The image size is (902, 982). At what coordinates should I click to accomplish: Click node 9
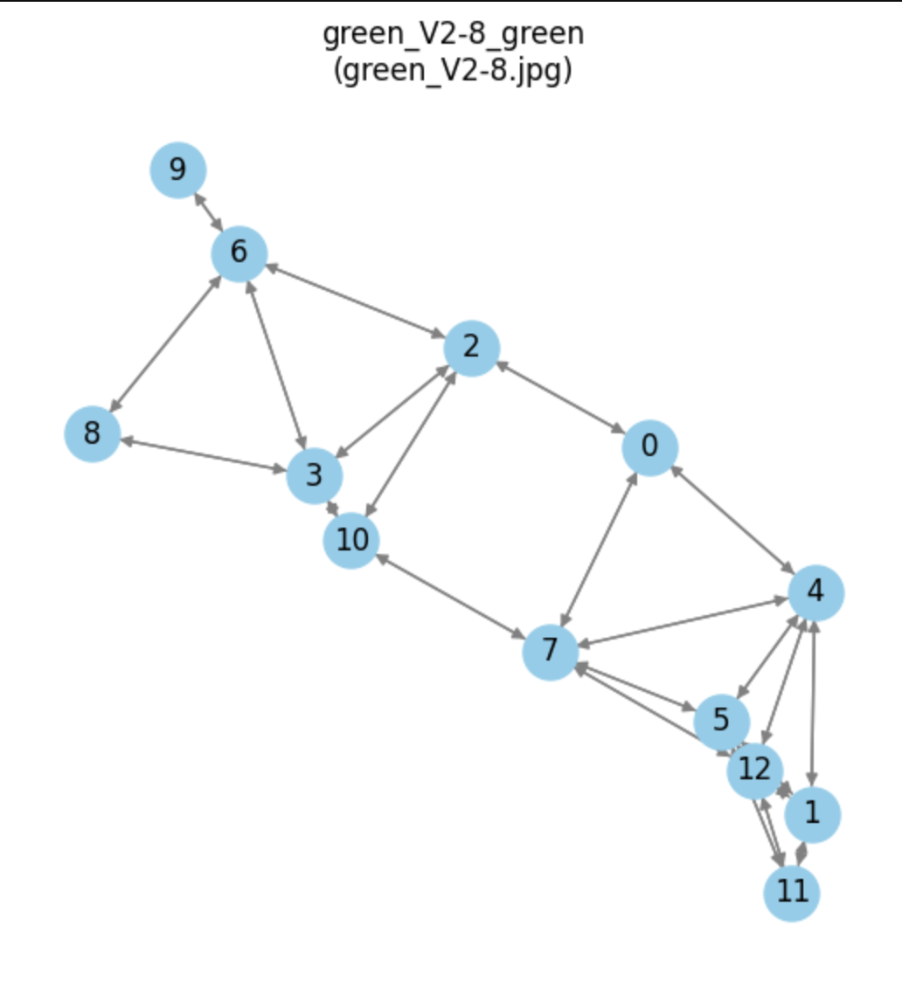point(178,169)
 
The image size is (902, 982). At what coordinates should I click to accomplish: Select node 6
point(239,253)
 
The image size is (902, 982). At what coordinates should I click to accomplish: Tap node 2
point(472,349)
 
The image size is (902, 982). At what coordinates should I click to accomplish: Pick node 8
point(92,433)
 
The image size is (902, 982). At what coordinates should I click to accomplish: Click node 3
point(315,476)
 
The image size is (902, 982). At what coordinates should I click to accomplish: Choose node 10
point(351,540)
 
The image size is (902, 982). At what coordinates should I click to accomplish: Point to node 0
point(649,447)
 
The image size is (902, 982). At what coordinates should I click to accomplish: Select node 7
point(550,652)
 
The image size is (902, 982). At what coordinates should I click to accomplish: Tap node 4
point(816,592)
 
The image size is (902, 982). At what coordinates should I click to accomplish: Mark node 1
point(812,814)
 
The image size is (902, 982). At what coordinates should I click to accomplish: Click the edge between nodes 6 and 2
point(355,301)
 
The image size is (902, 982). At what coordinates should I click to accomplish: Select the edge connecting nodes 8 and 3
point(203,454)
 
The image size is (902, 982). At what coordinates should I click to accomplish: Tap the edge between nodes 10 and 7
point(450,596)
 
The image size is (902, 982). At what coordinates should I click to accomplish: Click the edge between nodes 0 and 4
point(732,520)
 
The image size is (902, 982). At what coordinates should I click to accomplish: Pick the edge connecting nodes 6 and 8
point(165,343)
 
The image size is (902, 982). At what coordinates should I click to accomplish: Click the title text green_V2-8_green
point(452,34)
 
